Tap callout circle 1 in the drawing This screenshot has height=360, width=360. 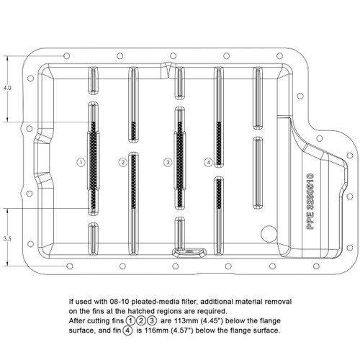tap(81, 163)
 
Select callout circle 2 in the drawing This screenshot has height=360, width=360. tap(123, 163)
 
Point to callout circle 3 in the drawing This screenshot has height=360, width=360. tap(167, 163)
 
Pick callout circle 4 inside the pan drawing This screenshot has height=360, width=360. tap(208, 163)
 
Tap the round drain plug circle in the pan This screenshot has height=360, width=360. tap(267, 235)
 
